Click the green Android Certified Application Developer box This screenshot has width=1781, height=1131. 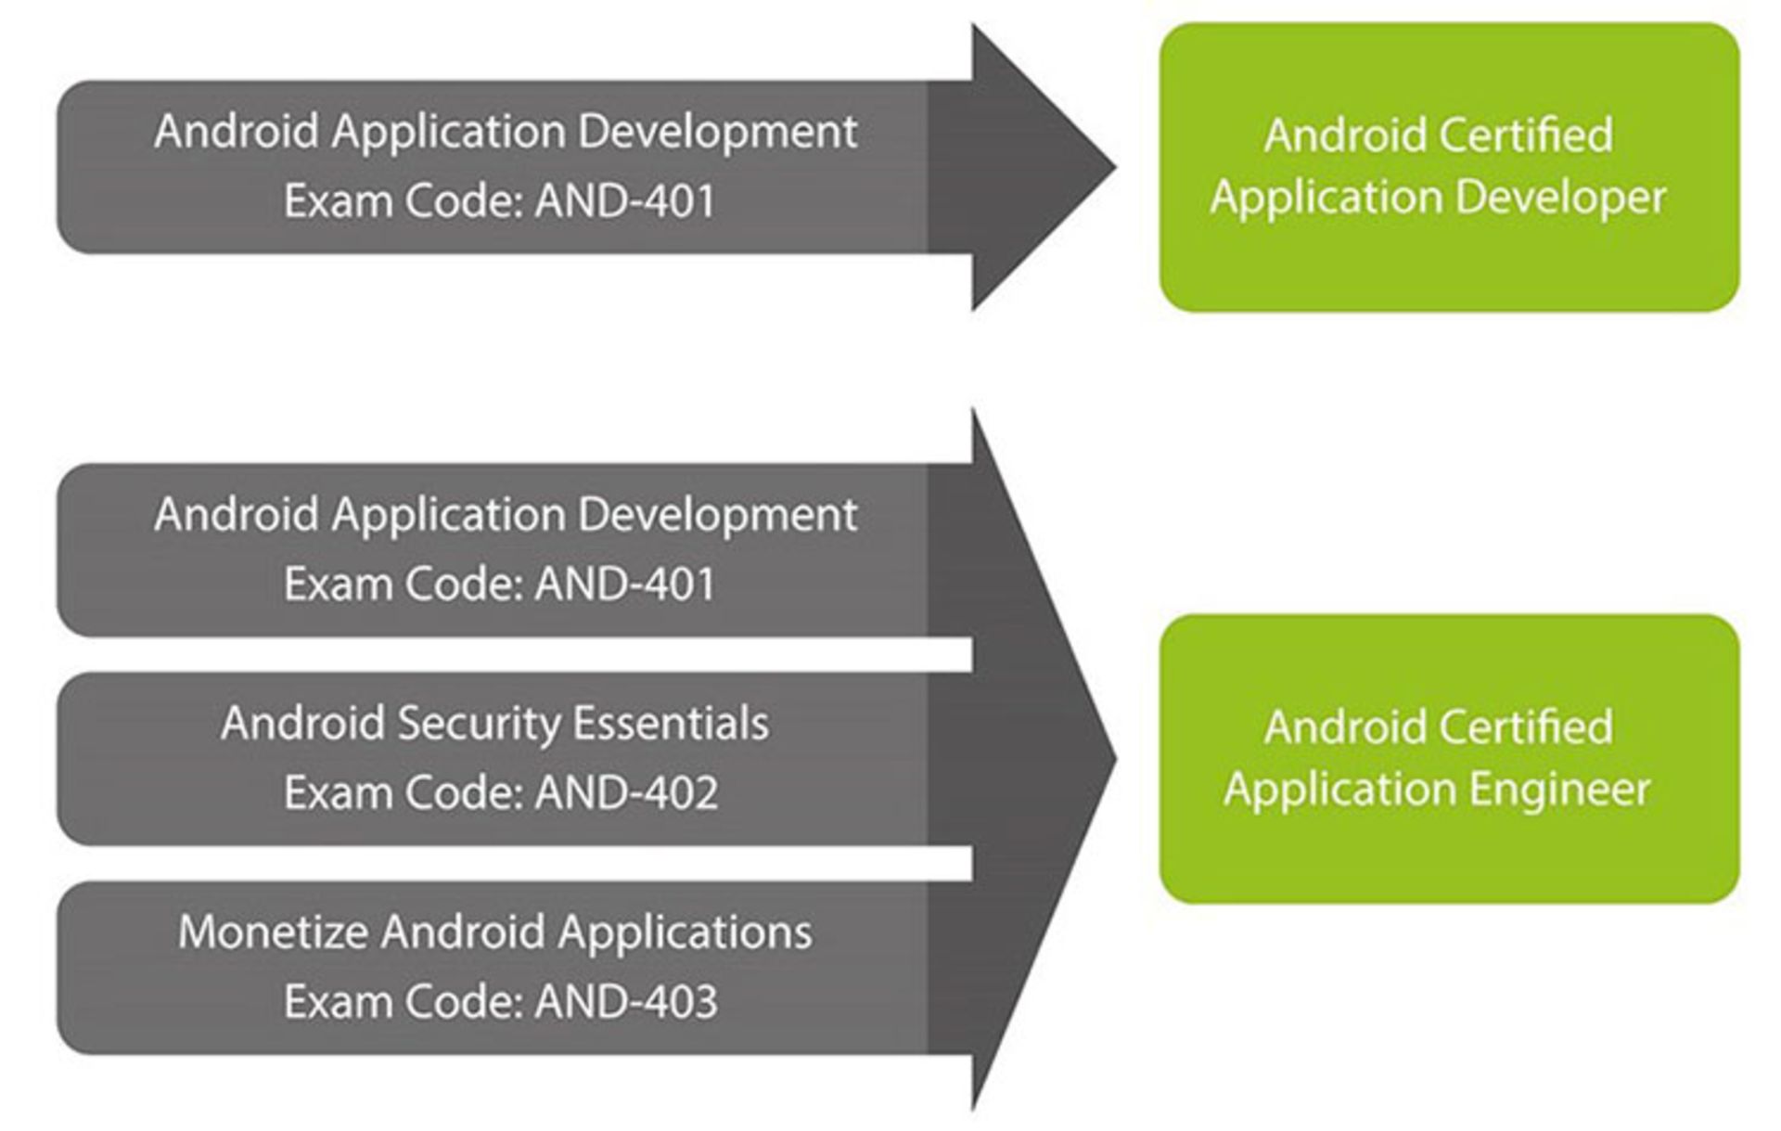[1448, 167]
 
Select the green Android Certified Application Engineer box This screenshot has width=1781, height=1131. [1448, 758]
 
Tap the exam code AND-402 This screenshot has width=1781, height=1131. [626, 793]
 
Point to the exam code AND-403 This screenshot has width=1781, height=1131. [626, 1002]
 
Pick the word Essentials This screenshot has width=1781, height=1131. [670, 724]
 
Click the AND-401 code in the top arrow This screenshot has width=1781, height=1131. [624, 201]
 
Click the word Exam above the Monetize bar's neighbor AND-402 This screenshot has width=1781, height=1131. [337, 793]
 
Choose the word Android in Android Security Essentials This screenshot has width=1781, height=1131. [302, 724]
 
